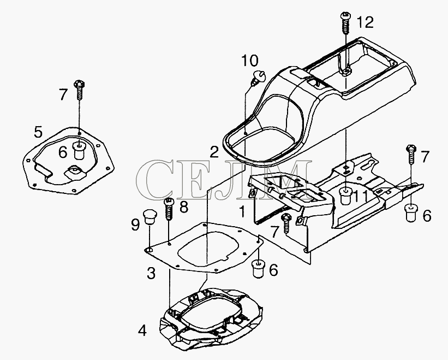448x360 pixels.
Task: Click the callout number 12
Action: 366,22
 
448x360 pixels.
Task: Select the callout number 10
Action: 250,61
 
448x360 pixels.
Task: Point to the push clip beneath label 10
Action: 259,77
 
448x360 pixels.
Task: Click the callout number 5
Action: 38,132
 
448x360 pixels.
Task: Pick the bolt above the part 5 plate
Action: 80,90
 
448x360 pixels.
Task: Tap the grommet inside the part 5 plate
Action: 80,150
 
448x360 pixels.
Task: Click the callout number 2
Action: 214,153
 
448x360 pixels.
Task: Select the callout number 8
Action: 184,207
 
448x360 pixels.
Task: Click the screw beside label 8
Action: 169,209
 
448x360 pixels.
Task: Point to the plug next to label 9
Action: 150,217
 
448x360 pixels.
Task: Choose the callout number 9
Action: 135,225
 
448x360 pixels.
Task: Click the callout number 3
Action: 151,273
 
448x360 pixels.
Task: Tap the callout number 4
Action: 142,331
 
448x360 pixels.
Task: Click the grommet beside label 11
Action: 345,196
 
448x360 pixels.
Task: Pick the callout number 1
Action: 242,212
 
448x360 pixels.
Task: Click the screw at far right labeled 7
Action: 411,155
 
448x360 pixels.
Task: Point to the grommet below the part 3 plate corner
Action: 258,269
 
